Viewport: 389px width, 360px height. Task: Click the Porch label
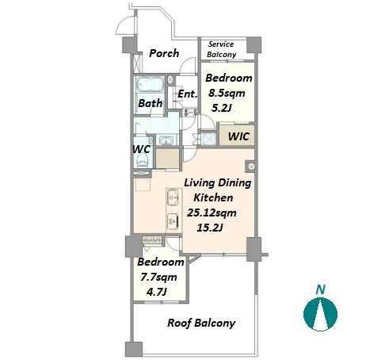pyautogui.click(x=164, y=53)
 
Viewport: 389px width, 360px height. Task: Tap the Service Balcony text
pyautogui.click(x=221, y=49)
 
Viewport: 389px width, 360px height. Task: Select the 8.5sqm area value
pyautogui.click(x=227, y=94)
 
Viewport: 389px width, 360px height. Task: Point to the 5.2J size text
pyautogui.click(x=222, y=108)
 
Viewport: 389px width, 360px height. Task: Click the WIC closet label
pyautogui.click(x=238, y=136)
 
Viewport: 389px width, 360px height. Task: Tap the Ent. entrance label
pyautogui.click(x=188, y=94)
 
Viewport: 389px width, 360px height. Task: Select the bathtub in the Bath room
pyautogui.click(x=149, y=85)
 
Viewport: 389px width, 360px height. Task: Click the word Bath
pyautogui.click(x=151, y=103)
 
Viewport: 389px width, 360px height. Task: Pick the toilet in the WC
pyautogui.click(x=143, y=159)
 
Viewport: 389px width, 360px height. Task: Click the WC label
pyautogui.click(x=141, y=149)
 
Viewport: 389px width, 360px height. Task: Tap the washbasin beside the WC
pyautogui.click(x=166, y=140)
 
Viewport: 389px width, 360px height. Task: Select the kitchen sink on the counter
pyautogui.click(x=174, y=197)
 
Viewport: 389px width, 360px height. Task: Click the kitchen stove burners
pyautogui.click(x=174, y=221)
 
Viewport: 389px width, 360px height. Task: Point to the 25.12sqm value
pyautogui.click(x=212, y=213)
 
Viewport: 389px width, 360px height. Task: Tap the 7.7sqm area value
pyautogui.click(x=158, y=278)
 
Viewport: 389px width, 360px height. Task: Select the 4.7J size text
pyautogui.click(x=157, y=292)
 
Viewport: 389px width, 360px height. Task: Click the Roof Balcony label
pyautogui.click(x=201, y=323)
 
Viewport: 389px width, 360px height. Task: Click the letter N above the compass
pyautogui.click(x=321, y=289)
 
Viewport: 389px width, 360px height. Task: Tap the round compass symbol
pyautogui.click(x=320, y=314)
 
